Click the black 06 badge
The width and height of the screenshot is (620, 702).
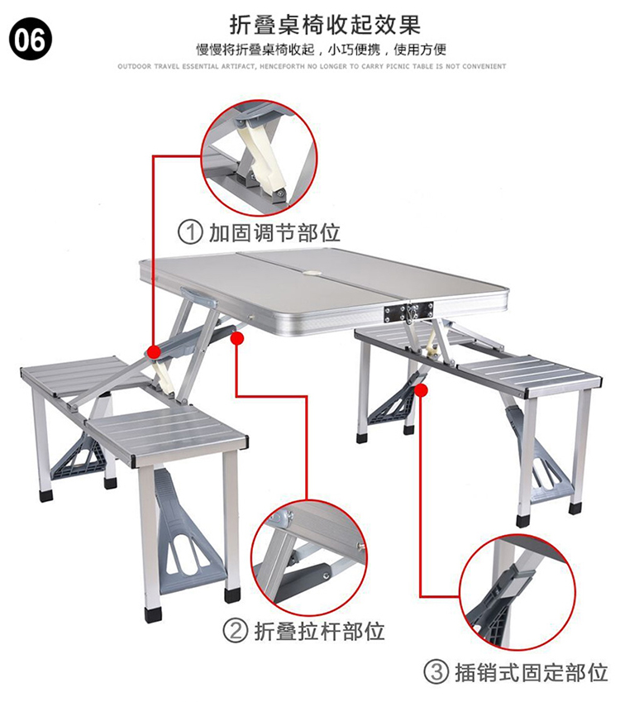(30, 40)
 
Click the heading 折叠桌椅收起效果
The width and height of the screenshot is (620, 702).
(325, 25)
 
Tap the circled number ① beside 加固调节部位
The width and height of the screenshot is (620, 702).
(190, 232)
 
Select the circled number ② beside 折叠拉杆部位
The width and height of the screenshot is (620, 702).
(235, 630)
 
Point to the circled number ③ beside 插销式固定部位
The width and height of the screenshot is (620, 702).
(436, 672)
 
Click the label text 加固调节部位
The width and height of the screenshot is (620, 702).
(274, 233)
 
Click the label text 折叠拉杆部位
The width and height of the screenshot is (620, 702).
(320, 631)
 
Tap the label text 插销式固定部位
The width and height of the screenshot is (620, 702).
(532, 673)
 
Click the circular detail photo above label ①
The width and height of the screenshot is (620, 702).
(258, 158)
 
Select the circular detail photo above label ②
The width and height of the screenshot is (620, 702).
(308, 558)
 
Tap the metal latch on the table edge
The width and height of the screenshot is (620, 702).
(408, 312)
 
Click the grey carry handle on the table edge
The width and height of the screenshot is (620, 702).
(198, 298)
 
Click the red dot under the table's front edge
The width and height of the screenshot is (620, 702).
(238, 338)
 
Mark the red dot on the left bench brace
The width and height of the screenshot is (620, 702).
(155, 352)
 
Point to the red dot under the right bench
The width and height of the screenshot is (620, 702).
(422, 390)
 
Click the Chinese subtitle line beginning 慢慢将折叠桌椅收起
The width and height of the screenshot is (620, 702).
(321, 50)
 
